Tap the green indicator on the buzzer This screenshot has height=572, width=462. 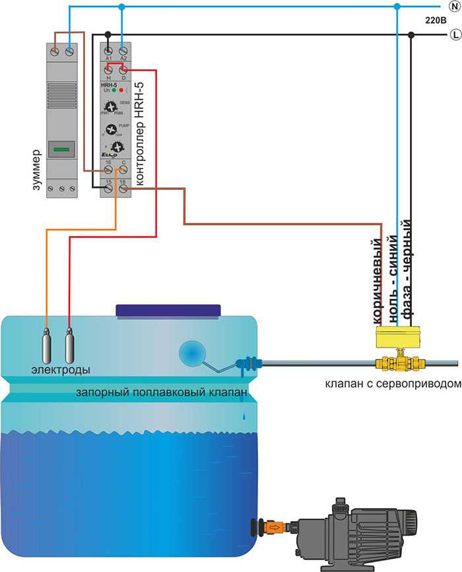coord(61,150)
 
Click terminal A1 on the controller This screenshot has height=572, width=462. coord(108,48)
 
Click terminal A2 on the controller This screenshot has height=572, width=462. coord(123,48)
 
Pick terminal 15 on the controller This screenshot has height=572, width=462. coord(108,189)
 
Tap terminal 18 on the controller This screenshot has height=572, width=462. coord(123,189)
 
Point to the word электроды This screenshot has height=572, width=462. coord(61,369)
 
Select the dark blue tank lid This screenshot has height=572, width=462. coord(168,310)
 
